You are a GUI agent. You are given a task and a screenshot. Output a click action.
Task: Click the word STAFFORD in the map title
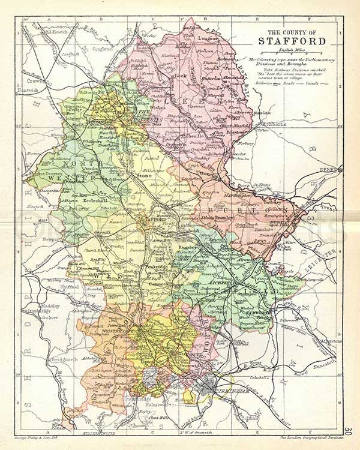pyautogui.click(x=292, y=41)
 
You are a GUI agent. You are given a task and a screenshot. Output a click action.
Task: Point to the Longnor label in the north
pyautogui.click(x=207, y=36)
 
